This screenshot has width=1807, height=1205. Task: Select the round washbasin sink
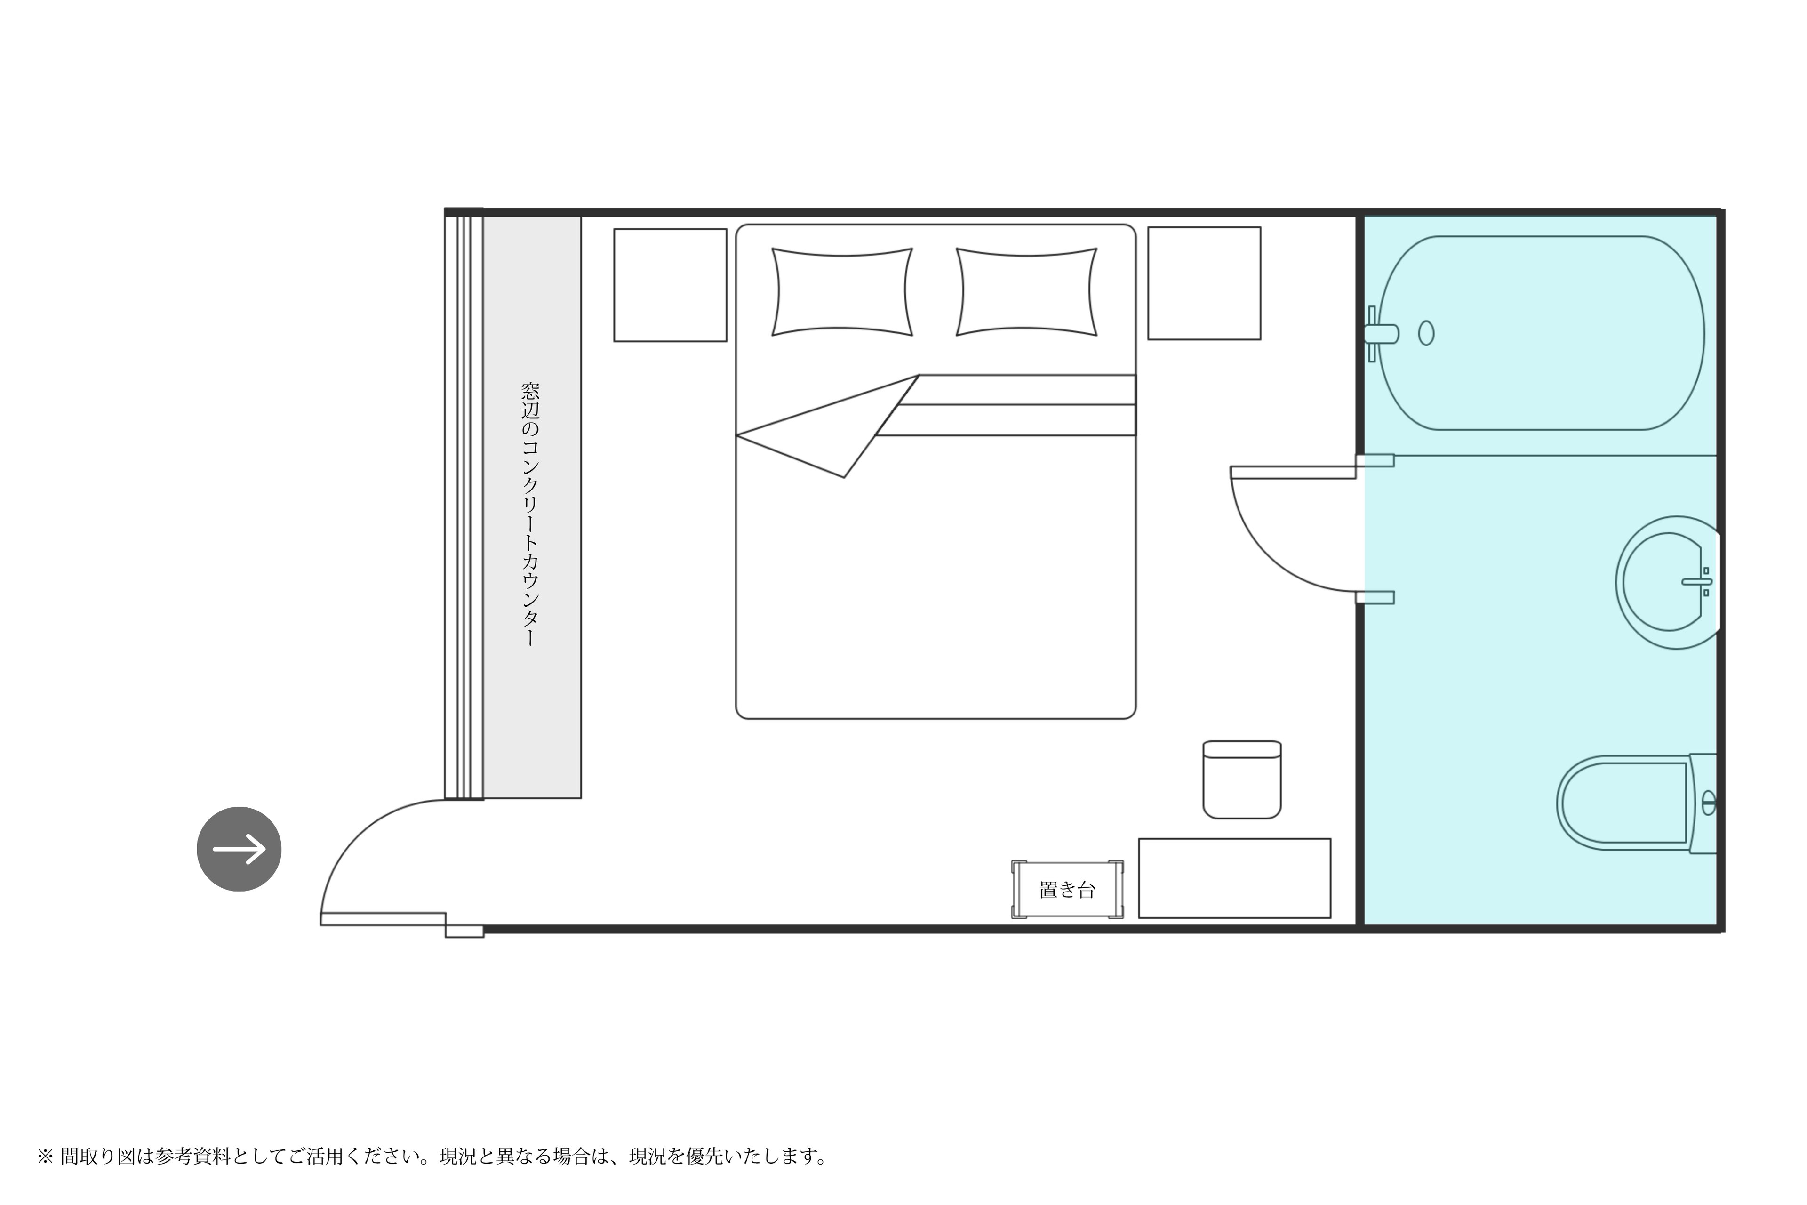point(1667,583)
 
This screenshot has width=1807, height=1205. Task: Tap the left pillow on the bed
point(842,292)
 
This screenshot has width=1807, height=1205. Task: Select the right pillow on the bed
point(1026,292)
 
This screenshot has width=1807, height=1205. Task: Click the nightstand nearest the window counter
point(670,285)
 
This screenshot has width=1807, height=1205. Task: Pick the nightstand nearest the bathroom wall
point(1204,283)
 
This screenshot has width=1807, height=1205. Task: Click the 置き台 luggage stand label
point(1067,890)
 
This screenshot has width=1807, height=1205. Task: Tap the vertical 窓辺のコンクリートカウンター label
point(530,514)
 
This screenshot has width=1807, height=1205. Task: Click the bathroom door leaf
point(1293,472)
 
